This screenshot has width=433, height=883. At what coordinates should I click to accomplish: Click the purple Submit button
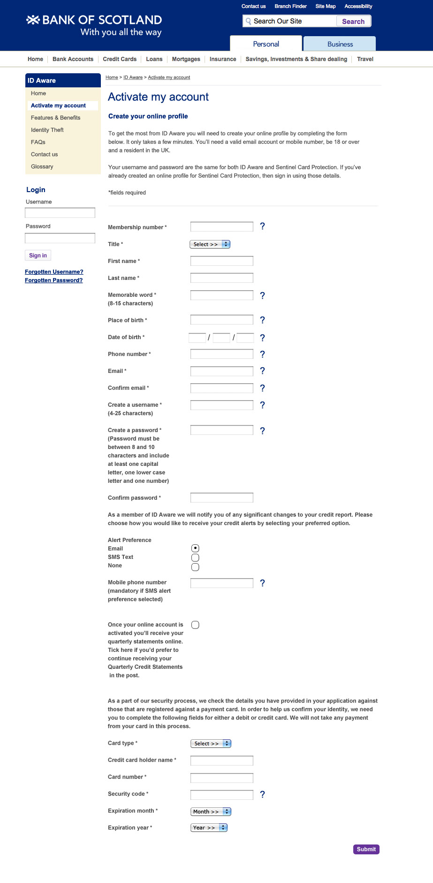tap(366, 849)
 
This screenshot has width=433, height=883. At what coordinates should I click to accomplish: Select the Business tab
tap(340, 44)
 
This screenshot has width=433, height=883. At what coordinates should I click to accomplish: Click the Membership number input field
tap(221, 227)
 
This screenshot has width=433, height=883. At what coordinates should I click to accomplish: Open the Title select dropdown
tap(210, 244)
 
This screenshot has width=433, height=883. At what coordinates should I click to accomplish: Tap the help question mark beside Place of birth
tap(262, 320)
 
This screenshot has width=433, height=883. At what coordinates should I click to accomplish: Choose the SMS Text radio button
tap(195, 558)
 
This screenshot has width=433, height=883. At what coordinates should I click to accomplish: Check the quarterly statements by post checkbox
tap(195, 625)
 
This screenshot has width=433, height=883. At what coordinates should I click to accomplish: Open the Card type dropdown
tap(211, 744)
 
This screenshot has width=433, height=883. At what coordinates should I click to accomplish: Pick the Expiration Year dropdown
tap(209, 828)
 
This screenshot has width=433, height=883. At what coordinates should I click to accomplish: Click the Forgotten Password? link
tap(53, 280)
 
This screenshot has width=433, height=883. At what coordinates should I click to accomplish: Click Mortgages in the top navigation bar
tap(186, 59)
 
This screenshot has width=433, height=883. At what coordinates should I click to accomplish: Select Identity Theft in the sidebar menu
tap(47, 130)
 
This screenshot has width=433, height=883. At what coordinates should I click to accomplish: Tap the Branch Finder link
tap(290, 7)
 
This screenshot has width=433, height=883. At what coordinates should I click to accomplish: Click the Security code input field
tap(221, 795)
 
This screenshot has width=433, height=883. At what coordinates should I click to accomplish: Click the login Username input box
tap(60, 213)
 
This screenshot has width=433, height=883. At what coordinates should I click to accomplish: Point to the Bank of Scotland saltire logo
tap(33, 20)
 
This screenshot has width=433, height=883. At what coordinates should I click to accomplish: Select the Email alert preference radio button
tap(195, 548)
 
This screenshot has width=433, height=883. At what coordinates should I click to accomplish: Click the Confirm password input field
tap(221, 498)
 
